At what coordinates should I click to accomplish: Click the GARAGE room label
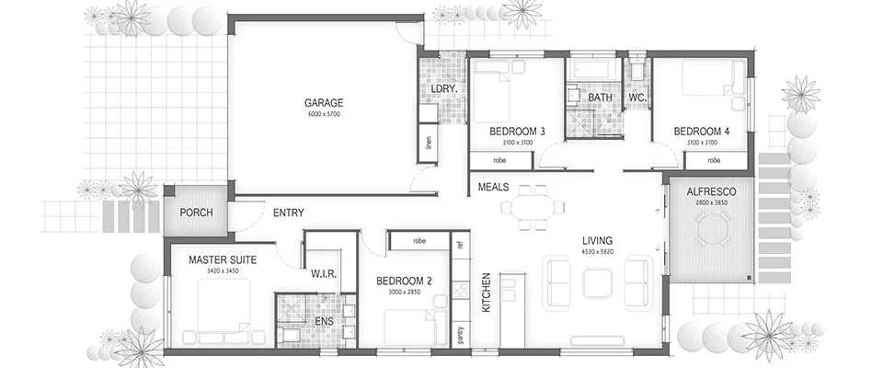pos(325,103)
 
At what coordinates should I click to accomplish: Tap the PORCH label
pos(196,213)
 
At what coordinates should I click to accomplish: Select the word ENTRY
pos(289,213)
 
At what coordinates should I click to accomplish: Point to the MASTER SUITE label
pos(223,260)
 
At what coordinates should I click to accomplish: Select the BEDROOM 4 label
pos(701,132)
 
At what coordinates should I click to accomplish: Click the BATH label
pos(601,97)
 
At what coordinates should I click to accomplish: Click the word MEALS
pos(494,187)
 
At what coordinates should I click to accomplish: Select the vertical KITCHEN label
pos(487,293)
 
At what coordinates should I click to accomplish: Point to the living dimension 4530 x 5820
pos(597,252)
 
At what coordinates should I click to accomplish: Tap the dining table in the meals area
pos(530,205)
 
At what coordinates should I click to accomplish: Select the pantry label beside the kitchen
pos(461,335)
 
